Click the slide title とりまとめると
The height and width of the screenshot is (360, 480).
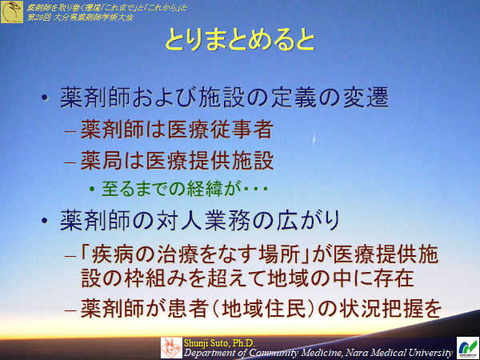[239, 42]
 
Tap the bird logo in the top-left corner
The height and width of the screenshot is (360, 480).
[10, 10]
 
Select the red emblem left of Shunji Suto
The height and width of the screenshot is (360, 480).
[171, 346]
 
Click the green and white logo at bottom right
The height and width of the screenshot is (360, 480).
[466, 346]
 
